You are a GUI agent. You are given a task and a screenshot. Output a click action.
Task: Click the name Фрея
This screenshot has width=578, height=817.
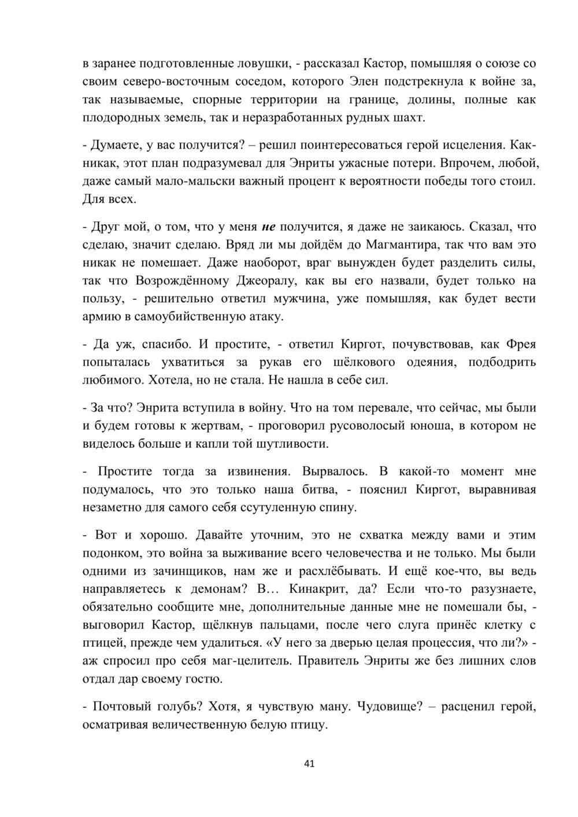click(x=521, y=345)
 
